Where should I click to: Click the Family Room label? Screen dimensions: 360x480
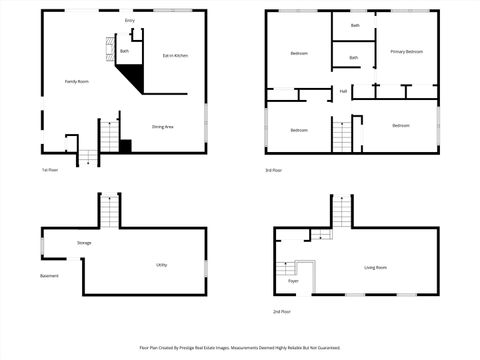coord(77,81)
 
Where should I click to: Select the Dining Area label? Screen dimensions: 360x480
coord(163,127)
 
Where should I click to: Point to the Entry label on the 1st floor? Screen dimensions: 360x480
coord(130,20)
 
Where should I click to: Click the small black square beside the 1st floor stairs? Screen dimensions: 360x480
coord(125,146)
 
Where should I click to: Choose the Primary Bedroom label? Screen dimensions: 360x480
coord(407,51)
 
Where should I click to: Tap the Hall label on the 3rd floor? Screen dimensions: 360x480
coord(343,91)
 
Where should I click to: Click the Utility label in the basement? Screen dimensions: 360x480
coord(161,265)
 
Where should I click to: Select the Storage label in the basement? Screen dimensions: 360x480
coord(84,243)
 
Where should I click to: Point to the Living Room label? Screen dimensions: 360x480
coord(375,267)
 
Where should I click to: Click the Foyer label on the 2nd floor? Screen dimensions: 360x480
coord(293,281)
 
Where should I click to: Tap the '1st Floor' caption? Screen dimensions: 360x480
coord(50,170)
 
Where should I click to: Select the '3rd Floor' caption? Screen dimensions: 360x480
coord(273,170)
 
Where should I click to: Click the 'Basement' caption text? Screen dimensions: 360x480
coord(49,276)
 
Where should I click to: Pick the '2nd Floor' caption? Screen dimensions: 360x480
coord(282,311)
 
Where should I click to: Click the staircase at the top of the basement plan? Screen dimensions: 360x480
coord(109,211)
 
